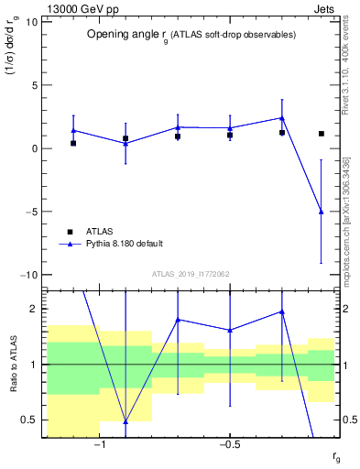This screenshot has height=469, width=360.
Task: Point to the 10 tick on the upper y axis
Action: pos(31,22)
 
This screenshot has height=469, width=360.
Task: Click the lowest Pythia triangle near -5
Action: pos(321,212)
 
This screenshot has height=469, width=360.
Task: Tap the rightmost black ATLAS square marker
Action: pos(321,134)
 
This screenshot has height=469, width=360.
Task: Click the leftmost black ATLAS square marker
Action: pos(73,143)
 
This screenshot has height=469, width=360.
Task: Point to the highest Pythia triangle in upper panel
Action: pos(282,117)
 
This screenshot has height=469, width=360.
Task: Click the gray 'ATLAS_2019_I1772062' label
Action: pos(191,274)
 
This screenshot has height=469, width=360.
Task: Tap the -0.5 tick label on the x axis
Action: pos(229,445)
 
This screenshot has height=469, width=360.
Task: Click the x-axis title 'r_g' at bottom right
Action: pos(337,457)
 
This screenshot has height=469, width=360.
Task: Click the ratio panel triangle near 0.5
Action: pos(125,421)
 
